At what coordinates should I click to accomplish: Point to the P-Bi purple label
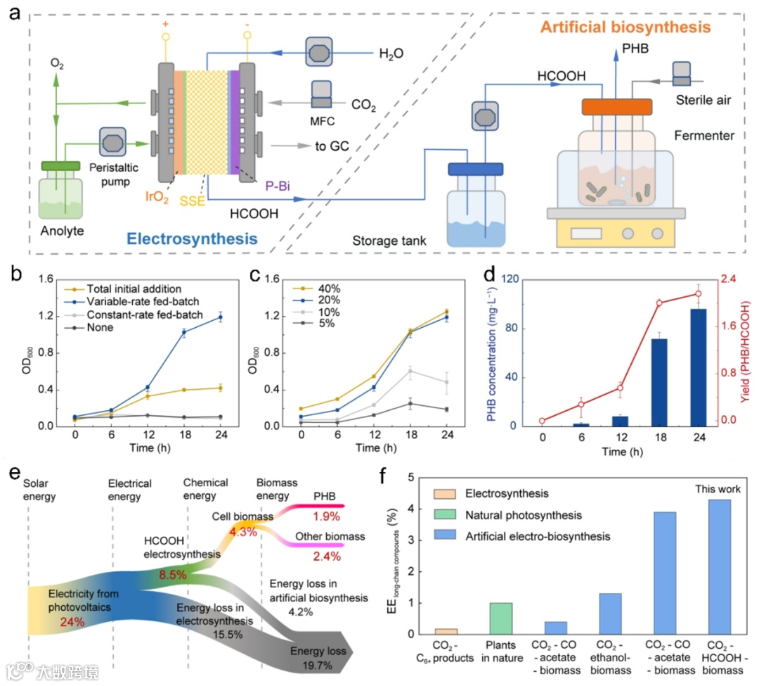coord(278,186)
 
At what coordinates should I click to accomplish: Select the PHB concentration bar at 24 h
coord(699,367)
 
